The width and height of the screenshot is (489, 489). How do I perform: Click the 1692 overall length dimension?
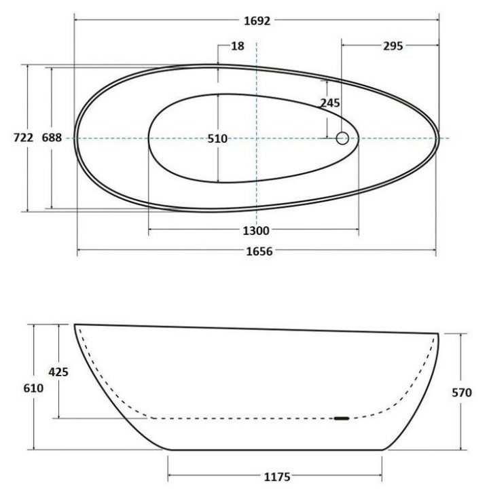tap(257, 21)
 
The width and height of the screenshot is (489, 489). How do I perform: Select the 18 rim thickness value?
tap(238, 46)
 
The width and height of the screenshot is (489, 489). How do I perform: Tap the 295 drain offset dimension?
tap(393, 46)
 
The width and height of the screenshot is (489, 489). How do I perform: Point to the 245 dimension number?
tap(330, 103)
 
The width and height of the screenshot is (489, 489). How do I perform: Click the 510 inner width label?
tap(218, 139)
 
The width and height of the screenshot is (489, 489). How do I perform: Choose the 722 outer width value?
tap(23, 137)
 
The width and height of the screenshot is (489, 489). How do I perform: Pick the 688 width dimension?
tap(52, 137)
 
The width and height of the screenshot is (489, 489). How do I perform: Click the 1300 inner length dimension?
tap(256, 231)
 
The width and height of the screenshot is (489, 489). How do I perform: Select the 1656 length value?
tap(259, 251)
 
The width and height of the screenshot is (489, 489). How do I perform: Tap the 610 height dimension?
tap(33, 388)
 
